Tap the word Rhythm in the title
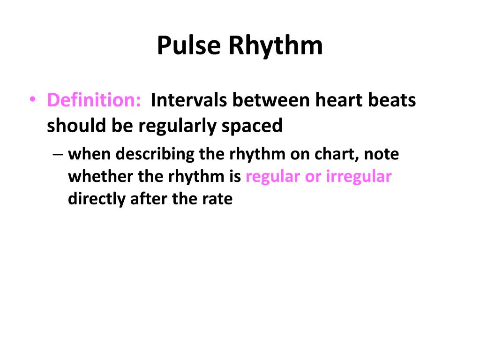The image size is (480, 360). coord(276,46)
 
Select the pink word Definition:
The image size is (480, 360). coord(94,100)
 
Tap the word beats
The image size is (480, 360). coord(391,100)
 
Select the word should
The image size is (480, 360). coord(76,125)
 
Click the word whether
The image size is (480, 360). coord(96,176)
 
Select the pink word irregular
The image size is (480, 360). coord(359,176)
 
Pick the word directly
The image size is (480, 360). coord(95,199)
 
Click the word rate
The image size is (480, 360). coord(217,199)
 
